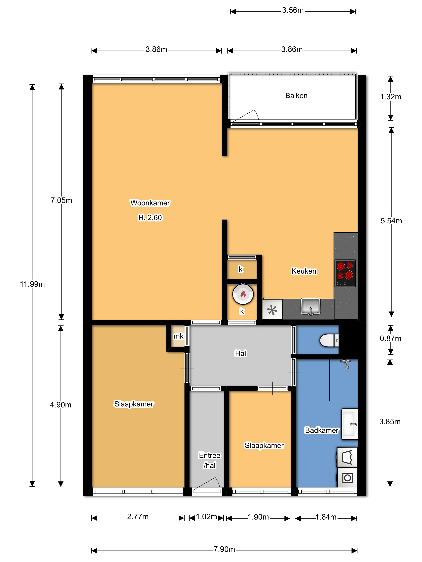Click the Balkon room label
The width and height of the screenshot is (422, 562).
pyautogui.click(x=296, y=96)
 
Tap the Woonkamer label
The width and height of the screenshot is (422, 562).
pyautogui.click(x=150, y=203)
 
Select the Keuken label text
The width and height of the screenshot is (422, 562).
pyautogui.click(x=304, y=271)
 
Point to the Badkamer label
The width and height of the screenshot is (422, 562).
pyautogui.click(x=322, y=430)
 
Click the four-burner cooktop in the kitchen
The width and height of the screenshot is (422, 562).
pyautogui.click(x=345, y=273)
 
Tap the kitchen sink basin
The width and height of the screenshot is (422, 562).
pyautogui.click(x=311, y=306)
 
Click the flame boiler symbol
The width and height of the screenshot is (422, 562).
pyautogui.click(x=243, y=294)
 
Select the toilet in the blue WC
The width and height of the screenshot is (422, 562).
pyautogui.click(x=329, y=340)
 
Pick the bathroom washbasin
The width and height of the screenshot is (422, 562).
pyautogui.click(x=350, y=424)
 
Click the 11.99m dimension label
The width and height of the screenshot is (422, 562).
pyautogui.click(x=32, y=284)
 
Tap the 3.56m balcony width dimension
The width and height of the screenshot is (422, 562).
pyautogui.click(x=293, y=10)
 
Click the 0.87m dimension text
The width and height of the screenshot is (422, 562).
pyautogui.click(x=390, y=338)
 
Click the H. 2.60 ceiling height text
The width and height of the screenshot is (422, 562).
pyautogui.click(x=150, y=218)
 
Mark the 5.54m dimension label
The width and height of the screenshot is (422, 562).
pyautogui.click(x=391, y=221)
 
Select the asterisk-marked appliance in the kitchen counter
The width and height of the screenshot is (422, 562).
pyautogui.click(x=272, y=310)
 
